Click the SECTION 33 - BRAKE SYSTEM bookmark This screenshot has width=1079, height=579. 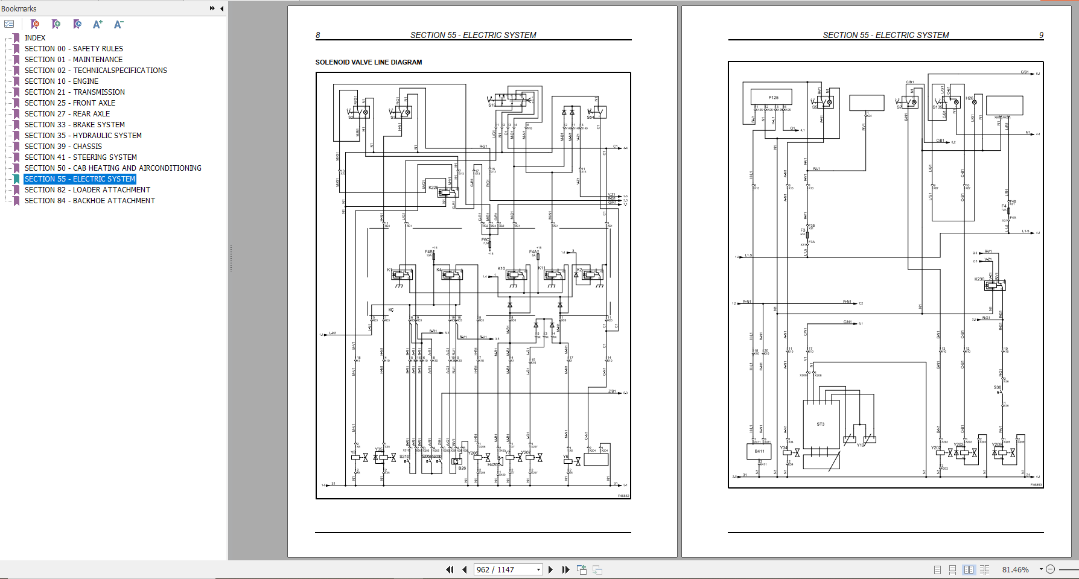click(x=74, y=125)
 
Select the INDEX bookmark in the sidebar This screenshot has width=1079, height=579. click(x=35, y=38)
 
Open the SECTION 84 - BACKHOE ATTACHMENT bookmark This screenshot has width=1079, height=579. click(x=89, y=201)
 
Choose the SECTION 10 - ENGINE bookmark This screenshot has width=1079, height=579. click(x=61, y=81)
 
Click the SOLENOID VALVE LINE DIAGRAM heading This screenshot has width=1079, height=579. click(x=368, y=62)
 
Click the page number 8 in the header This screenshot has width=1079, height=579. click(x=318, y=35)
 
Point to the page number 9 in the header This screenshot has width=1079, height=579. click(x=1041, y=35)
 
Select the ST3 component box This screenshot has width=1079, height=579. click(x=821, y=425)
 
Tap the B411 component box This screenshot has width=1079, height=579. click(x=759, y=451)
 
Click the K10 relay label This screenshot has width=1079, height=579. click(x=501, y=268)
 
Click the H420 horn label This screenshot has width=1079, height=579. click(x=492, y=465)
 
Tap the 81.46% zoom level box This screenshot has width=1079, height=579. click(x=1015, y=569)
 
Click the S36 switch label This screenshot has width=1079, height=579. click(x=997, y=387)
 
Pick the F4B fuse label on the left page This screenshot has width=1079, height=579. click(x=428, y=252)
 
